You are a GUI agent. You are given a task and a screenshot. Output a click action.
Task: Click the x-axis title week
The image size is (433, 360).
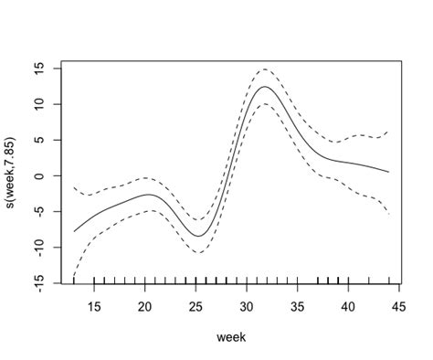pyautogui.click(x=231, y=337)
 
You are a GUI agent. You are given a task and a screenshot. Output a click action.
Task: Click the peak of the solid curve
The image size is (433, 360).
pyautogui.click(x=264, y=87)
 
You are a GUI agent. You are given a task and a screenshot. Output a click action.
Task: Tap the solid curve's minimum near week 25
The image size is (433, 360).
pyautogui.click(x=197, y=236)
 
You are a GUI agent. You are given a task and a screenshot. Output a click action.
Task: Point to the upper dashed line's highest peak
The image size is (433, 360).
pyautogui.click(x=263, y=69)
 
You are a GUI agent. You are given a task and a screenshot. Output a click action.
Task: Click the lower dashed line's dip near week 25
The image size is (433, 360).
pyautogui.click(x=198, y=252)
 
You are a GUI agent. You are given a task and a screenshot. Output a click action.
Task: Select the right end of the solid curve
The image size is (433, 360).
pyautogui.click(x=388, y=172)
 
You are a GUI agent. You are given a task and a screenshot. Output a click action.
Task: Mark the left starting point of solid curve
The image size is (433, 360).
pyautogui.click(x=74, y=231)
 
